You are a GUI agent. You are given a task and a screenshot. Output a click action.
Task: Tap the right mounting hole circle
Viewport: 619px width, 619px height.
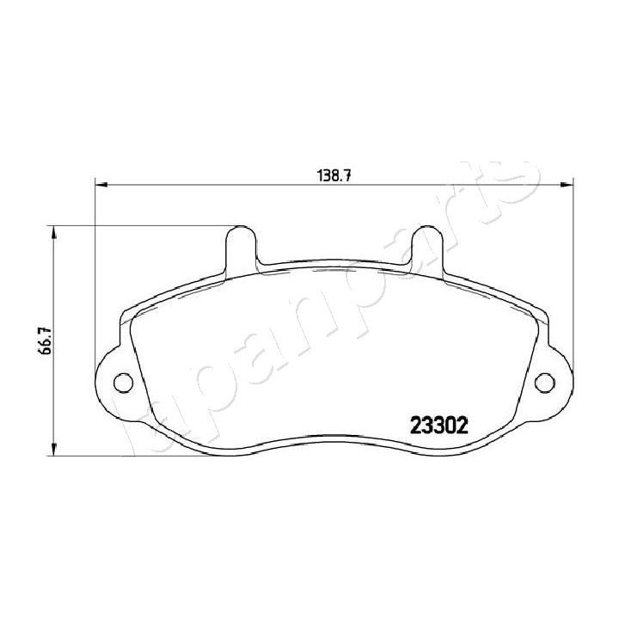pyautogui.click(x=543, y=382)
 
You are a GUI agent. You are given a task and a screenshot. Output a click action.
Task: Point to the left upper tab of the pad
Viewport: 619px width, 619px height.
pyautogui.click(x=241, y=245)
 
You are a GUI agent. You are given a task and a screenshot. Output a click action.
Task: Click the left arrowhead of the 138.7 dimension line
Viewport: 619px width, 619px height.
pyautogui.click(x=99, y=184)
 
